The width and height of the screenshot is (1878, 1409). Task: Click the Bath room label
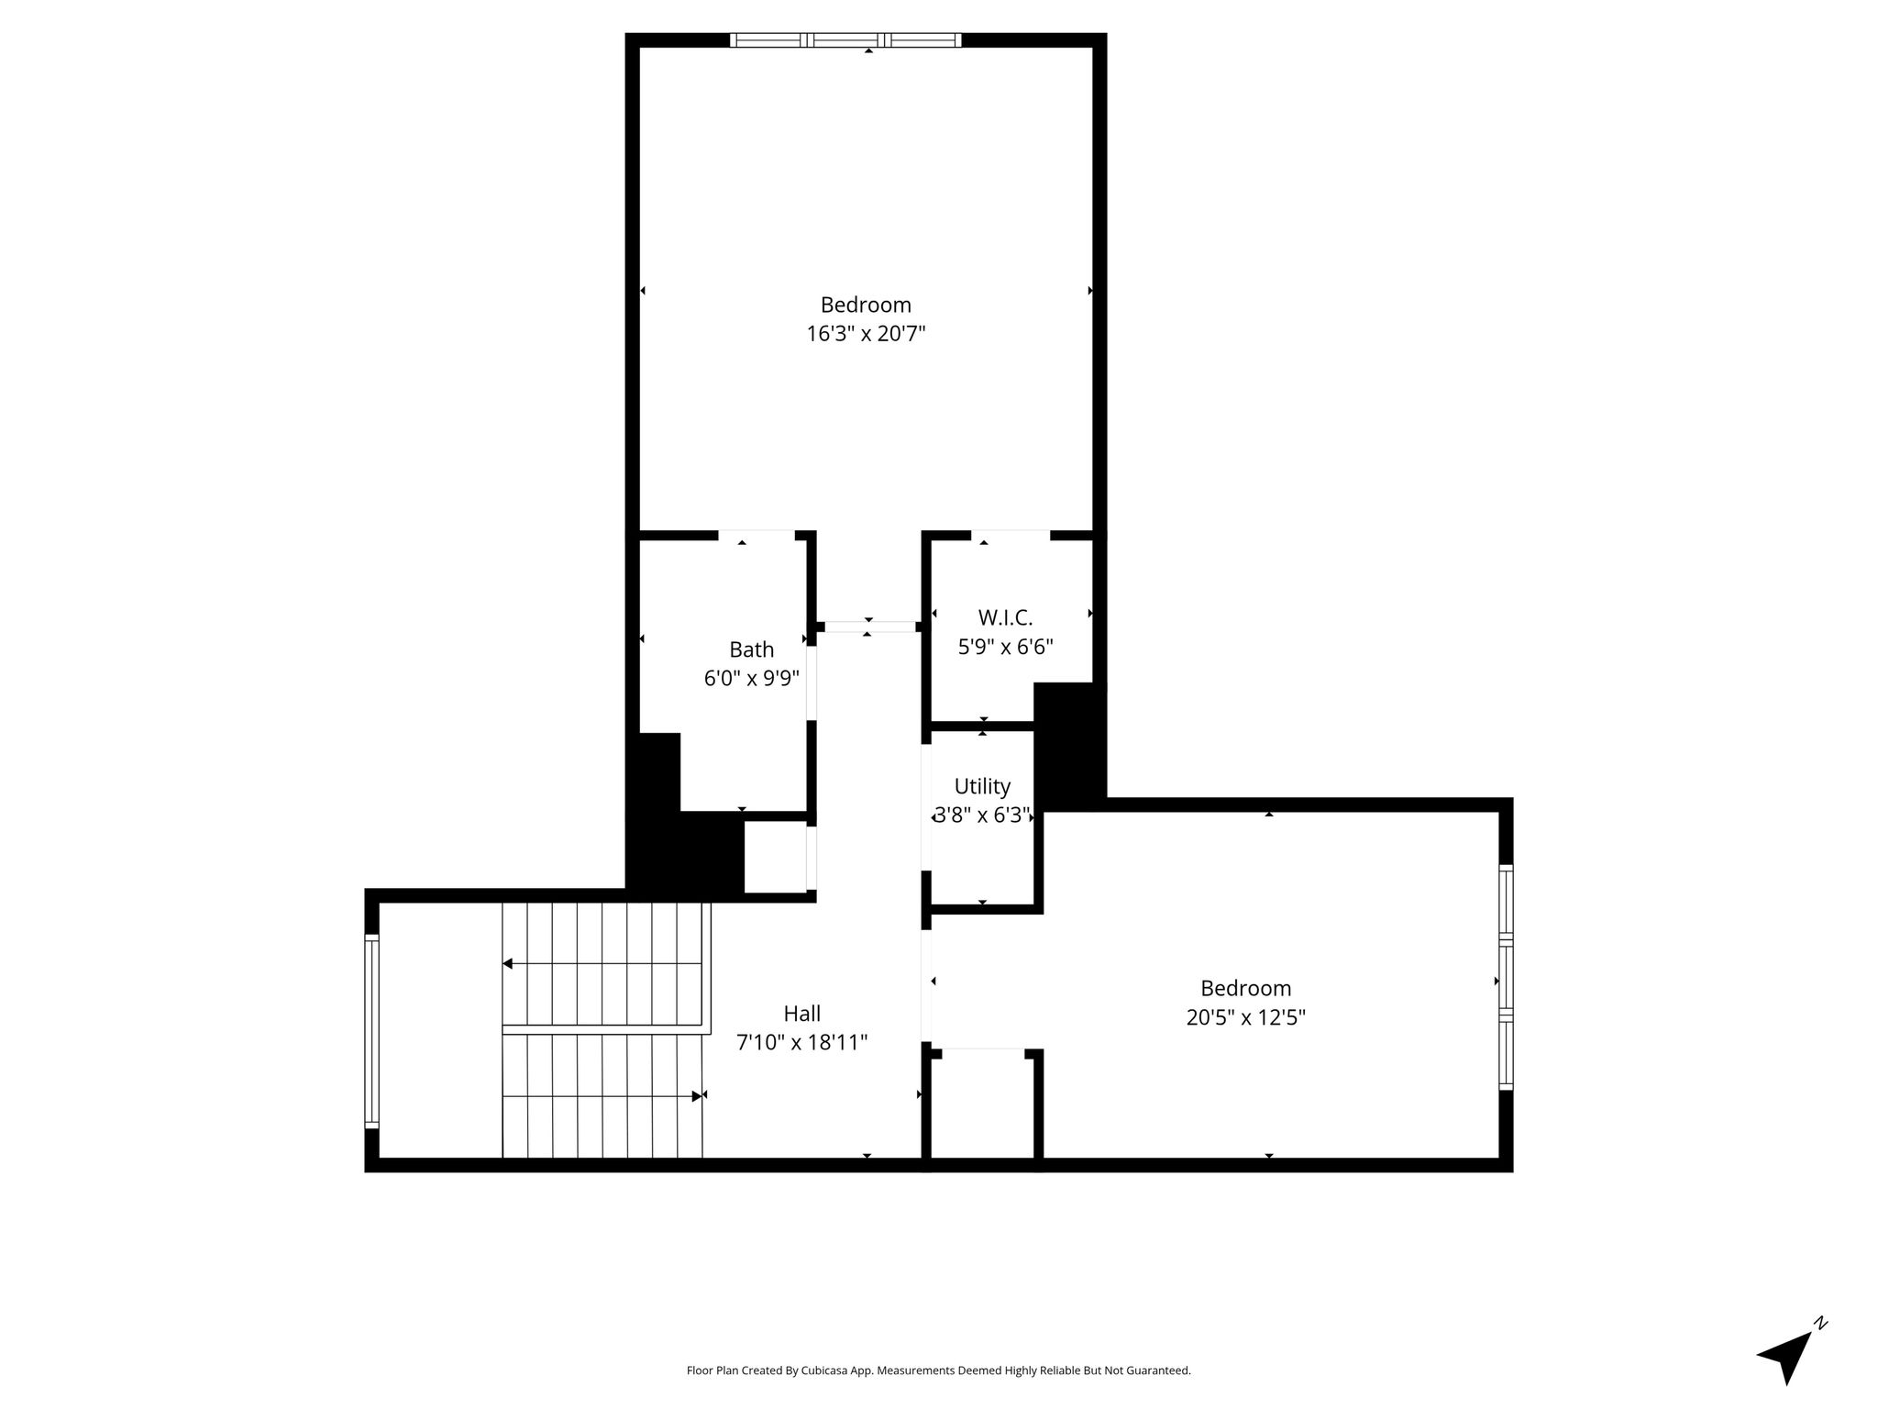coord(751,649)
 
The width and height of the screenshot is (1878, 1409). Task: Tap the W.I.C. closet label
coord(1005,617)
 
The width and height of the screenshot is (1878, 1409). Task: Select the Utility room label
coord(982,786)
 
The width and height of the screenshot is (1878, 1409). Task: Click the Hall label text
coord(801,1014)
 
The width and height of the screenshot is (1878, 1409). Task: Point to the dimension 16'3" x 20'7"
coord(866,334)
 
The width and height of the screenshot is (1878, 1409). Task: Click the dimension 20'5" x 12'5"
coord(1245,1017)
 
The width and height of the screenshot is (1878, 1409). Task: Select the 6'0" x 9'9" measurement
coord(751,679)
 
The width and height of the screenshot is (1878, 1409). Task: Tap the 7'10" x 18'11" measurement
coord(801,1043)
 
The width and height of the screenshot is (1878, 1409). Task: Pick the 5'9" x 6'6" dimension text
coord(1005,647)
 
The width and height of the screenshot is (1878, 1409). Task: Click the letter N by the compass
coord(1821,1322)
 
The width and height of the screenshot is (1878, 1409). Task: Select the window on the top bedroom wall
coord(845,39)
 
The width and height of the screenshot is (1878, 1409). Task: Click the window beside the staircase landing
coord(371,1030)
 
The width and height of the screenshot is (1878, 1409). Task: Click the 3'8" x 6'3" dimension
coord(982,815)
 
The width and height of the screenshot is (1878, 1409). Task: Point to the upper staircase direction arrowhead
coord(507,964)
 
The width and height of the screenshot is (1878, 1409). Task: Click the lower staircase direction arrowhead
coord(697,1095)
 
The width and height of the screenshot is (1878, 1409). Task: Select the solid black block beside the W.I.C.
coord(1069,745)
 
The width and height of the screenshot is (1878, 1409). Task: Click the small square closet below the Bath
coord(776,857)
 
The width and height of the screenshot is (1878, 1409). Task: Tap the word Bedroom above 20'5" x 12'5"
coord(1245,989)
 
